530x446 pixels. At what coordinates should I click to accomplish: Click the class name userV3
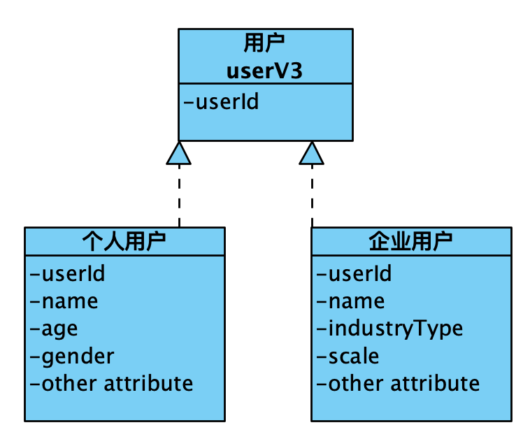[264, 71]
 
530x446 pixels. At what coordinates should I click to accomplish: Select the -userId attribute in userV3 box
[221, 102]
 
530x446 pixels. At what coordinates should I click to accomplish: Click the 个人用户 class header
[124, 242]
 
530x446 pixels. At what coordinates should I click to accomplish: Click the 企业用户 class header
[410, 242]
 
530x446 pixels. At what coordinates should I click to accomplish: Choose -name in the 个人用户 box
[64, 301]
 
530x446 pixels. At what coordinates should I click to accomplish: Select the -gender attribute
[71, 356]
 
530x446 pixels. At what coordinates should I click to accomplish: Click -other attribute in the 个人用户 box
[111, 383]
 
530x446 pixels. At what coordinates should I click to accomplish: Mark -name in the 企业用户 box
[350, 301]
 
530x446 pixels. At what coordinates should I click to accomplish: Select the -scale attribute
[348, 356]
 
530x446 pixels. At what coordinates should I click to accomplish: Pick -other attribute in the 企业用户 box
[398, 383]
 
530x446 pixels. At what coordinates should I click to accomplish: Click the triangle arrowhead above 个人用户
[179, 154]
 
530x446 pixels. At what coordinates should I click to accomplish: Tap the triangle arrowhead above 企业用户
[312, 154]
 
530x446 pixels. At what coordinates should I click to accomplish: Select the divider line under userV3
[264, 84]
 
